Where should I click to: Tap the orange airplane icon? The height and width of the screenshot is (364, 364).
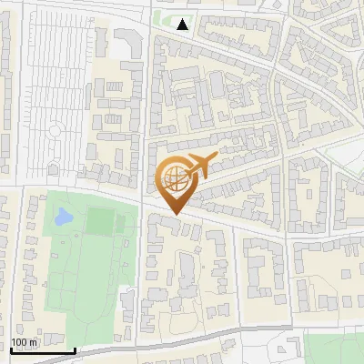(198, 166)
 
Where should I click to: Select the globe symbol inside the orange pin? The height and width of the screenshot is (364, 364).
(174, 178)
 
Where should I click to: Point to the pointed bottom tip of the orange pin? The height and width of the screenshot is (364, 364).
(174, 215)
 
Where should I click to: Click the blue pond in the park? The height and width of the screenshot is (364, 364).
(62, 217)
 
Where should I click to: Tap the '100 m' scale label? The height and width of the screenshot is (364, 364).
(24, 343)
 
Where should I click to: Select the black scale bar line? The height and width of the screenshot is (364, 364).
(42, 350)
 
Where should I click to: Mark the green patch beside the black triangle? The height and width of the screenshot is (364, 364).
(167, 20)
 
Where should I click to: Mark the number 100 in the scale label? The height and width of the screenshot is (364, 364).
(18, 343)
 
